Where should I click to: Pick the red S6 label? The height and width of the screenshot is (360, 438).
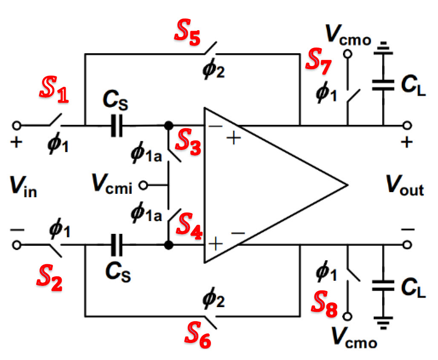(197, 337)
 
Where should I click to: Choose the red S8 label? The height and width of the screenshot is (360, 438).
(325, 303)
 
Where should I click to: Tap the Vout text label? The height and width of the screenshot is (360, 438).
(404, 188)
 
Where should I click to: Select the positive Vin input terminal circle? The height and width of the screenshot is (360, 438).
(17, 125)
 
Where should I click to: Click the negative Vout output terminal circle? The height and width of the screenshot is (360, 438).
(408, 245)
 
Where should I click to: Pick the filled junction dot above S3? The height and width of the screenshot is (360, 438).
(169, 126)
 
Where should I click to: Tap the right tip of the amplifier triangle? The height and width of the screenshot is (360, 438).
(347, 185)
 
